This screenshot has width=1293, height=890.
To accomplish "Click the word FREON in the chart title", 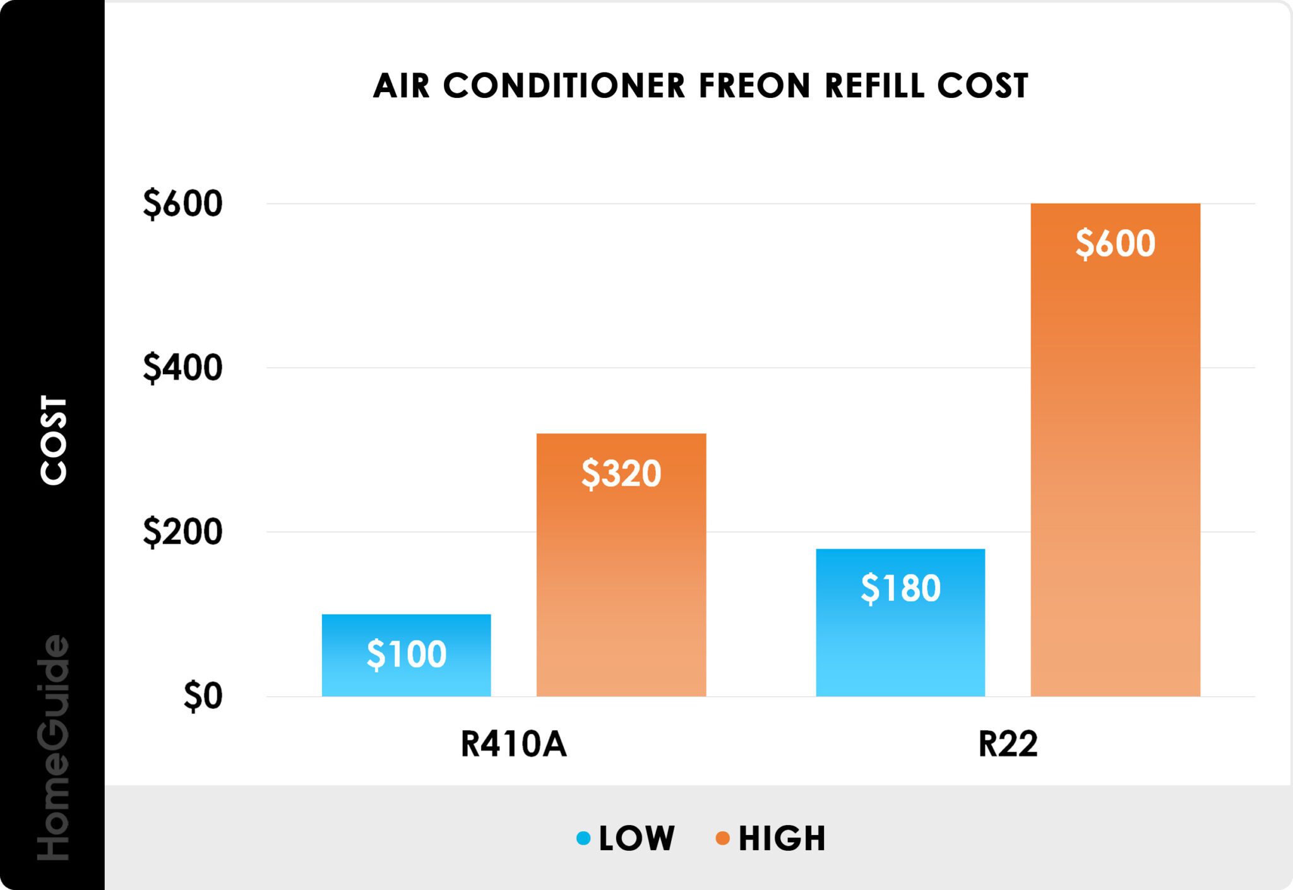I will pos(754,86).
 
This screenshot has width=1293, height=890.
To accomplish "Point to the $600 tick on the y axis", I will pos(183,204).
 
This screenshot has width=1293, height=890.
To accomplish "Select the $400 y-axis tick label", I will pos(183,367).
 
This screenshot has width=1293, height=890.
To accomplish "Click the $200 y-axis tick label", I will pos(183,531).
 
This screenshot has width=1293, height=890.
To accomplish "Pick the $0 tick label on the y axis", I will pos(203,696).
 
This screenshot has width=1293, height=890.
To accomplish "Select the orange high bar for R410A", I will pos(621,600).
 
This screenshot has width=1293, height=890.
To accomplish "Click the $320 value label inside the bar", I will pos(621,473).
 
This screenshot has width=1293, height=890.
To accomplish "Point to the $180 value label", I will pos(900,588).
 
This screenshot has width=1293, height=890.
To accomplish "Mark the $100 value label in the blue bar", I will pos(407,654).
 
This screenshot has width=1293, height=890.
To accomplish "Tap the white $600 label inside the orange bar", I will pos(1115,244).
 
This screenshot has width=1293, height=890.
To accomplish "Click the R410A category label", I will pos(514,744).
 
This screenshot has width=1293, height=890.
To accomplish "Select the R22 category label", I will pos(1008,744).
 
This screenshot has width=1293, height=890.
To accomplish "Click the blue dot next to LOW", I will pos(583,838).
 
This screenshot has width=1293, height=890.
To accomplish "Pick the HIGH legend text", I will pos(782,838).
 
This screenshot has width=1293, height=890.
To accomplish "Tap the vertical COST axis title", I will pos(54,441).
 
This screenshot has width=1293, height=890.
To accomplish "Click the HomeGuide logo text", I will pos(54,748).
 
